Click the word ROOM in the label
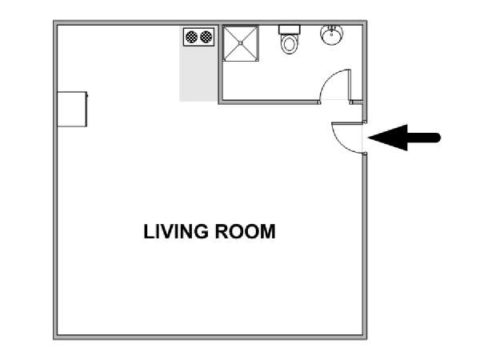pos(245,231)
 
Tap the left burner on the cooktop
pos(192,37)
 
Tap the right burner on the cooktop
pos(206,37)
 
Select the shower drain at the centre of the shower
pos(241,43)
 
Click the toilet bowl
pos(289,44)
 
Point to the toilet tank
pos(290,30)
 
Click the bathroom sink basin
pos(331,34)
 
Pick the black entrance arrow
pos(404,138)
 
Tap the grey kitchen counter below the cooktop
pos(198,74)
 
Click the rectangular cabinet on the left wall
pos(72,109)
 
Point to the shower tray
pos(241,43)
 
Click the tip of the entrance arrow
pos(369,138)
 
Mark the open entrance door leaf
pos(348,123)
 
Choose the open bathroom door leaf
pos(350,85)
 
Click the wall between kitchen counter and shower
pos(220,62)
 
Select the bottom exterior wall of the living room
pos(210,337)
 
